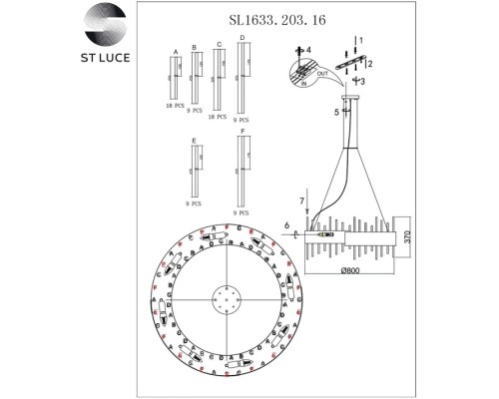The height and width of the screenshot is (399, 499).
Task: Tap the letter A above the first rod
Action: [176, 50]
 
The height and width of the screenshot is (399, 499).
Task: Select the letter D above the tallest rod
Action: [242, 37]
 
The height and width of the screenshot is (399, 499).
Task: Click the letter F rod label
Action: [241, 129]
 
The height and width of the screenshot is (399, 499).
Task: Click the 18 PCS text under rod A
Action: [176, 105]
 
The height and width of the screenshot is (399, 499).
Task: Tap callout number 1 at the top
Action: [361, 39]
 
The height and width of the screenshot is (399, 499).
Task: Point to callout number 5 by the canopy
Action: [336, 113]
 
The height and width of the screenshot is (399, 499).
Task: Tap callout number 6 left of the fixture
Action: [287, 226]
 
